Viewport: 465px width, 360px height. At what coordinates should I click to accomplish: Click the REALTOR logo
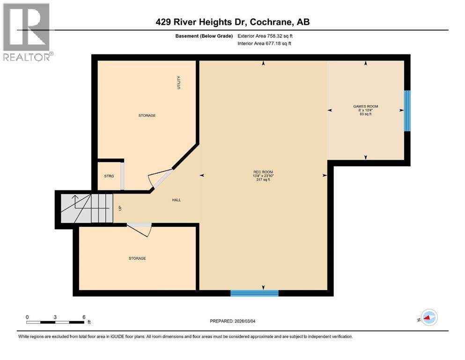pyautogui.click(x=27, y=32)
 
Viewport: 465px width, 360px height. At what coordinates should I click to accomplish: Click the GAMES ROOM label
pyautogui.click(x=365, y=106)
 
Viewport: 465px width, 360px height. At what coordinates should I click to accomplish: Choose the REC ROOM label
pyautogui.click(x=263, y=172)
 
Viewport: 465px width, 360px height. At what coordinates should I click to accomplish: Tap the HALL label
pyautogui.click(x=176, y=200)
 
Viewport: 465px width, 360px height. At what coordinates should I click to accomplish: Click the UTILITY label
pyautogui.click(x=178, y=83)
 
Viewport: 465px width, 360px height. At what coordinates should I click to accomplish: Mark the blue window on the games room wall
pyautogui.click(x=407, y=111)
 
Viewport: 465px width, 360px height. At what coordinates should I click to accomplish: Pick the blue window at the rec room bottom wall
pyautogui.click(x=254, y=293)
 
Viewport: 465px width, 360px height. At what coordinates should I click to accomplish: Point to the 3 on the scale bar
pyautogui.click(x=55, y=317)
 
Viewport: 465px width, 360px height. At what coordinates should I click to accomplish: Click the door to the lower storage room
pyautogui.click(x=140, y=229)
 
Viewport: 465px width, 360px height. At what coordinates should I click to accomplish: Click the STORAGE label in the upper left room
pyautogui.click(x=147, y=115)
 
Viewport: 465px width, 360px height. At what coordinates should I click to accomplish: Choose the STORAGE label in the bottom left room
pyautogui.click(x=137, y=258)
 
